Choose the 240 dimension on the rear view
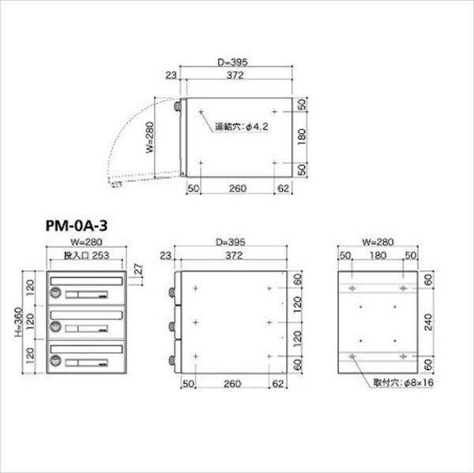pos(428,323)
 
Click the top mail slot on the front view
pos(86,280)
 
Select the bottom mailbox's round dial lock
pos(57,360)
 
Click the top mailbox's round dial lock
pos(57,293)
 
